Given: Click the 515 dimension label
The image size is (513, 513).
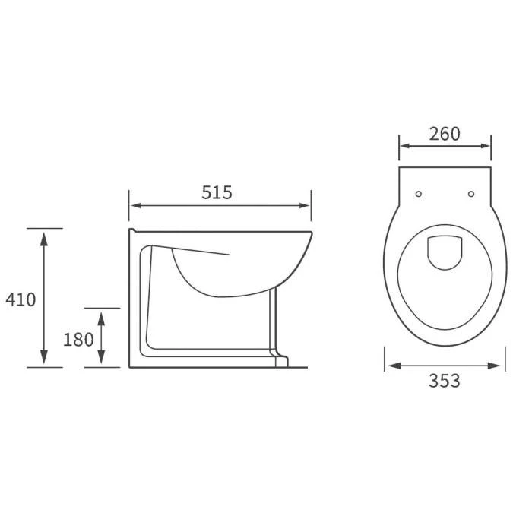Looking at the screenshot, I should pyautogui.click(x=217, y=193).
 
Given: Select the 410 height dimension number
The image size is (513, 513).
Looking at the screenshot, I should pyautogui.click(x=21, y=299).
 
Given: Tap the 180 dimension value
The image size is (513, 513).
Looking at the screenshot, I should pyautogui.click(x=79, y=339).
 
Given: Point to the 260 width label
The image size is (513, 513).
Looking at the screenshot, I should pyautogui.click(x=445, y=134).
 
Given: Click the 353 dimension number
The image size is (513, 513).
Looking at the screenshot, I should pyautogui.click(x=445, y=381).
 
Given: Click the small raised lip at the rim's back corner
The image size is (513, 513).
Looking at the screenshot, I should pyautogui.click(x=131, y=229).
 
